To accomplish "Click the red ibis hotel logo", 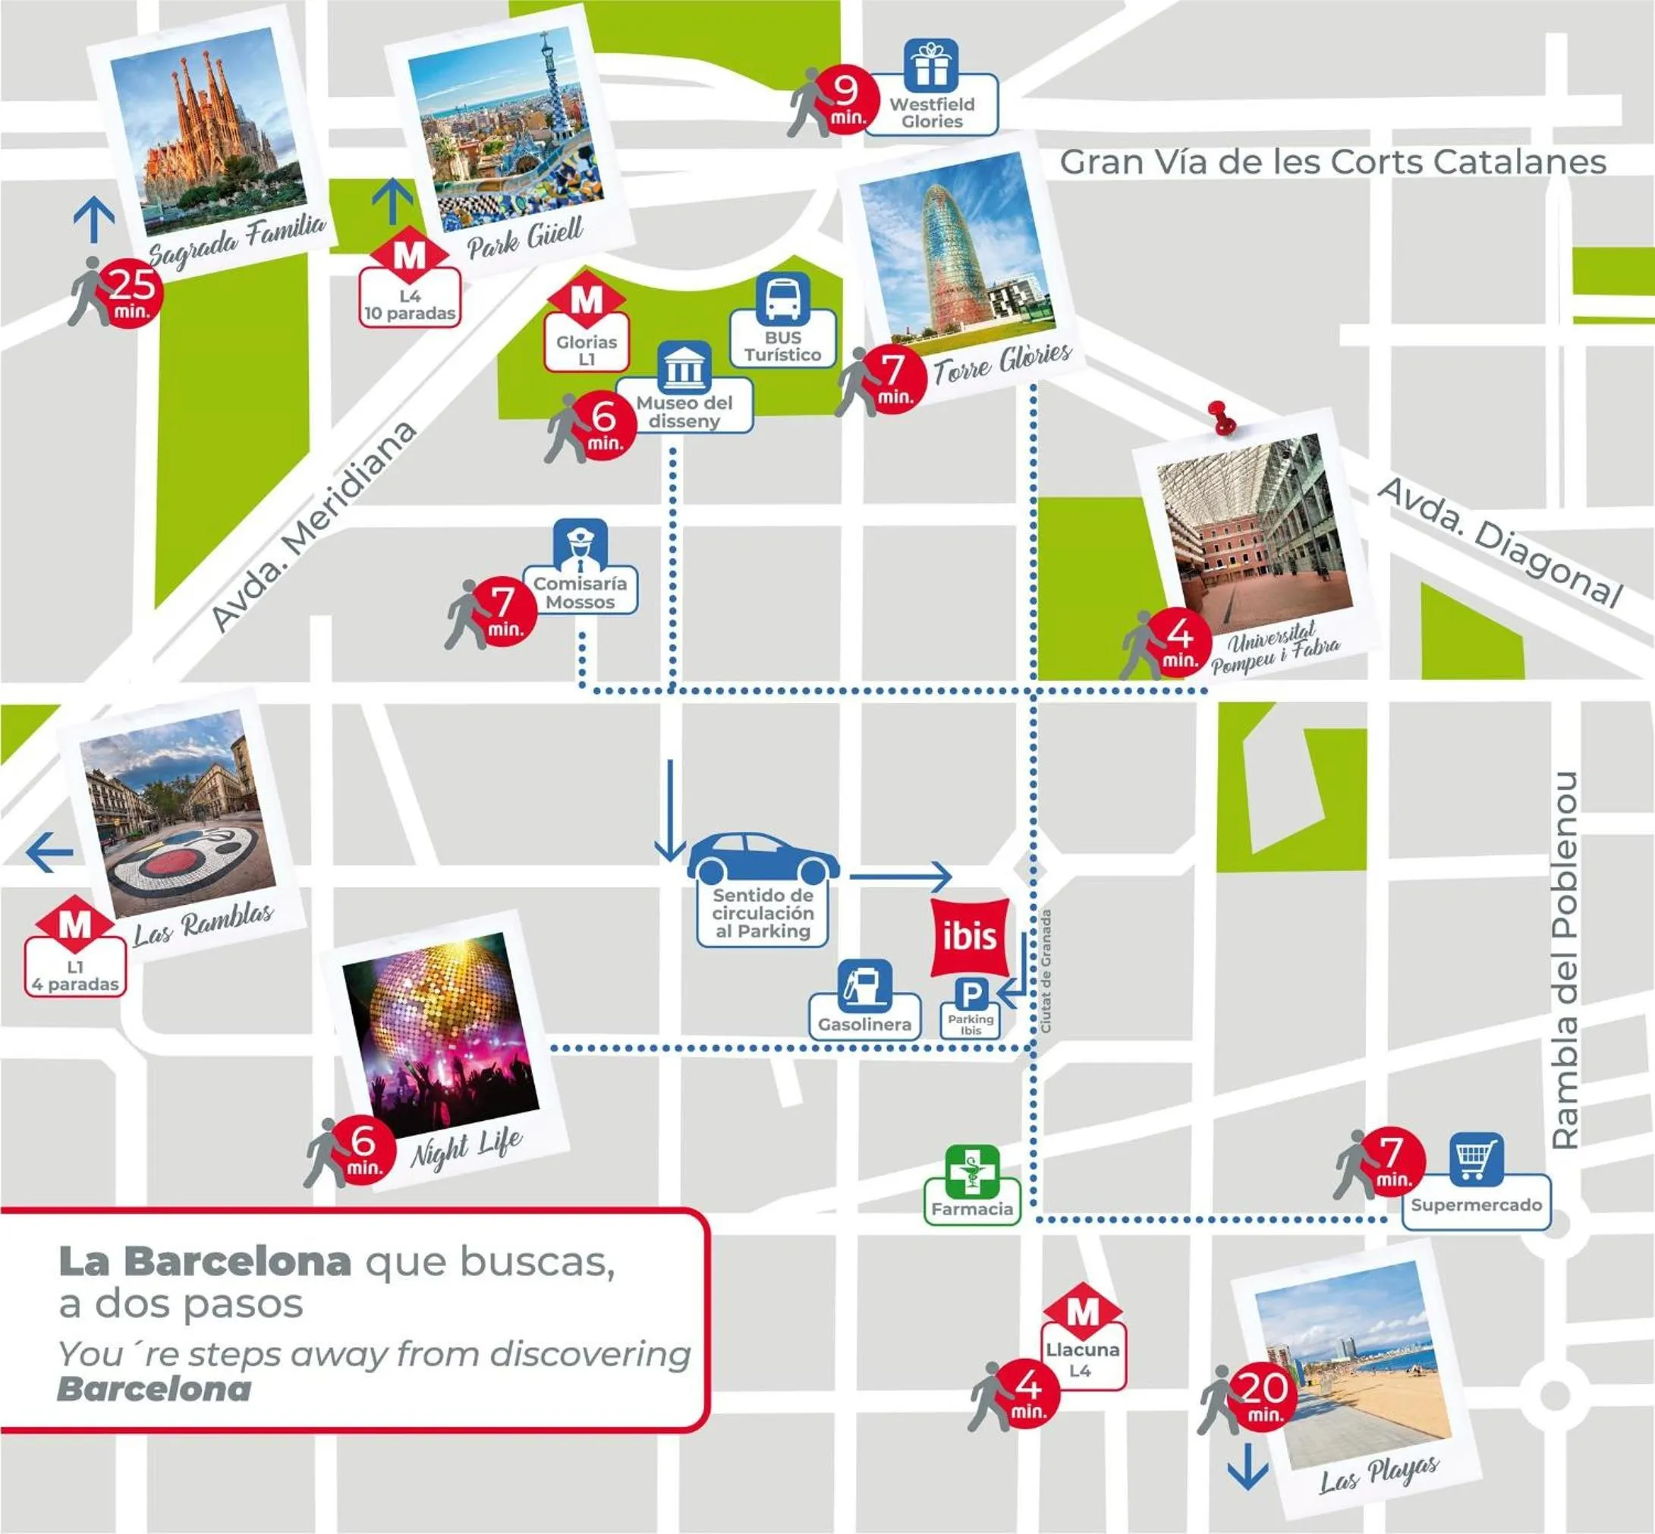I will (x=970, y=937).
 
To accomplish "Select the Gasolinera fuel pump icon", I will (x=864, y=985).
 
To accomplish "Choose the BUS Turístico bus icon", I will (x=782, y=298).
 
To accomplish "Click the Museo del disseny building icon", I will (x=684, y=367).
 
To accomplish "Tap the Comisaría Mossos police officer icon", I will (x=581, y=543).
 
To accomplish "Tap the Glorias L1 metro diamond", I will (x=586, y=301).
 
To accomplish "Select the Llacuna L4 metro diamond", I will (x=1082, y=1313).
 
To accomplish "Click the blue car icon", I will (x=762, y=858).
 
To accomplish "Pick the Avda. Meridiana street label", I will (x=313, y=527).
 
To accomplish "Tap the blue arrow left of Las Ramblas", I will (x=50, y=852).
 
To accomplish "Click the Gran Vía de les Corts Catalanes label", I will (x=1332, y=162).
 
